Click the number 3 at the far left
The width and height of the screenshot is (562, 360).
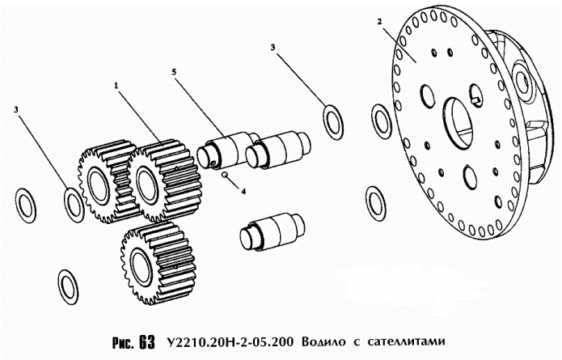point(16,108)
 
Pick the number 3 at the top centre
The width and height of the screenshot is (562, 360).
point(273,49)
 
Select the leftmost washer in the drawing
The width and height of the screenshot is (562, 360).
point(27,205)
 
